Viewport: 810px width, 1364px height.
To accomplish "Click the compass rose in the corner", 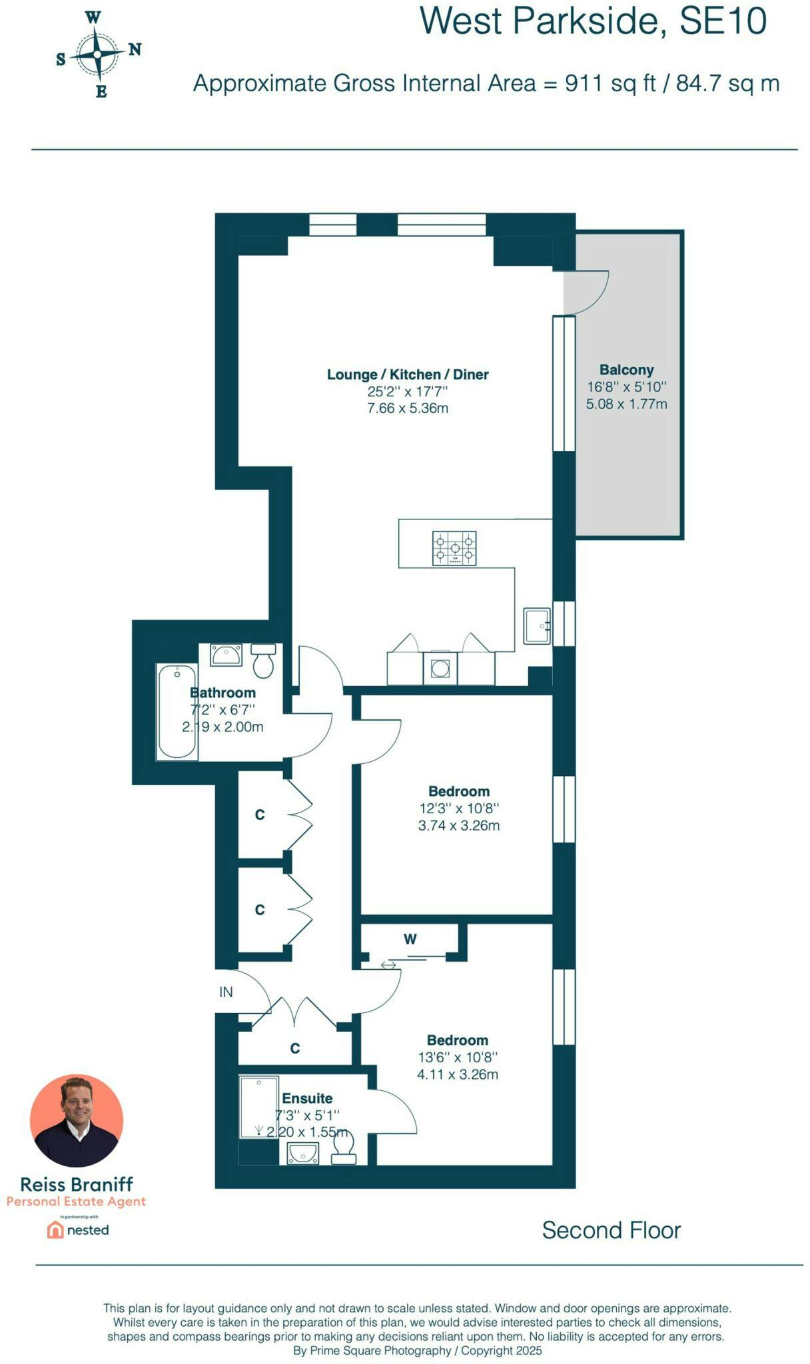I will point(98,54).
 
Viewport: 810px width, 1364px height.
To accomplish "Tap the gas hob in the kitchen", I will point(454,548).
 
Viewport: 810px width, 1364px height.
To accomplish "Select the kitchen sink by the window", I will point(536,625).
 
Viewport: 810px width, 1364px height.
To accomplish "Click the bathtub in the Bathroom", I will point(177,711).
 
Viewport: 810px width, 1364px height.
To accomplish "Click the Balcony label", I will point(626,370).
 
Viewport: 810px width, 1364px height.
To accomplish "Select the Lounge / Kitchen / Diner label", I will point(408,374).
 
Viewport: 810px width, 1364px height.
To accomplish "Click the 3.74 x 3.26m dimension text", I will point(458,825).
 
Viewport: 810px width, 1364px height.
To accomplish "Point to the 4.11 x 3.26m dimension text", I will point(457,1074).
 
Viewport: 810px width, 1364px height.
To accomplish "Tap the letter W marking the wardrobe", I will point(410,939).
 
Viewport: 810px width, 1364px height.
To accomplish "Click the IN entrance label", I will point(226,992).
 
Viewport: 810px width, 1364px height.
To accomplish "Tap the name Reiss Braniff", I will point(77,1184).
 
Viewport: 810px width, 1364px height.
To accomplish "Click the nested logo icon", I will point(55,1229).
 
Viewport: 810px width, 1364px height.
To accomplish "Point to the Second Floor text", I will point(611,1230).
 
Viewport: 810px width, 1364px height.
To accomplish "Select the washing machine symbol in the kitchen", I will point(440,667).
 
